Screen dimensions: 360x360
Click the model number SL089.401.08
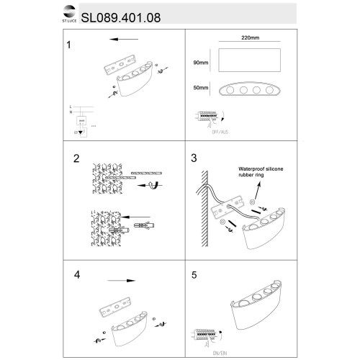[123, 14]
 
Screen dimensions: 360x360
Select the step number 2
[76, 158]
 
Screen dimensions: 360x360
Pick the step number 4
[77, 275]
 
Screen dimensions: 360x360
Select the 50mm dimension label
[203, 89]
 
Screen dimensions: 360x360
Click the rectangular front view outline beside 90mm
[249, 63]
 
